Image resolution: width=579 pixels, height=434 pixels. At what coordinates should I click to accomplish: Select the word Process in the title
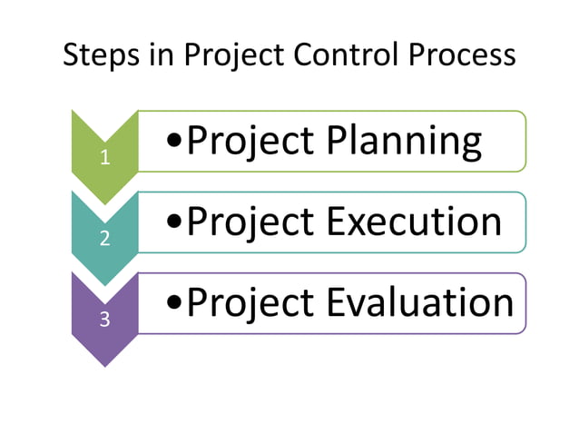(461, 56)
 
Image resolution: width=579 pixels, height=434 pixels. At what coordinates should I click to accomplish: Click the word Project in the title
(234, 56)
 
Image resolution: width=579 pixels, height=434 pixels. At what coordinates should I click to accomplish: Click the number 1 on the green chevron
(105, 157)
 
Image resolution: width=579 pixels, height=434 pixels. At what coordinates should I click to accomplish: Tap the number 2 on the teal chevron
(105, 239)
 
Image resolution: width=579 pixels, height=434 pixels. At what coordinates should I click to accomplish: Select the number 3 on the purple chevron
(105, 320)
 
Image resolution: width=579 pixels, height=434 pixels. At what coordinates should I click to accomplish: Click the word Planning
(404, 143)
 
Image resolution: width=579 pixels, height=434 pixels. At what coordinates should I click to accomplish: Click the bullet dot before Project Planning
(175, 142)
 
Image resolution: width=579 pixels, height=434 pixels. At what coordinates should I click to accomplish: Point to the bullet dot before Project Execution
(175, 222)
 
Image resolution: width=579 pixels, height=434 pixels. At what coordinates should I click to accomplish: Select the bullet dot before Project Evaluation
(175, 302)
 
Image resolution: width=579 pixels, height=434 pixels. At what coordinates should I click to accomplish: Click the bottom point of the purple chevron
(105, 365)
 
